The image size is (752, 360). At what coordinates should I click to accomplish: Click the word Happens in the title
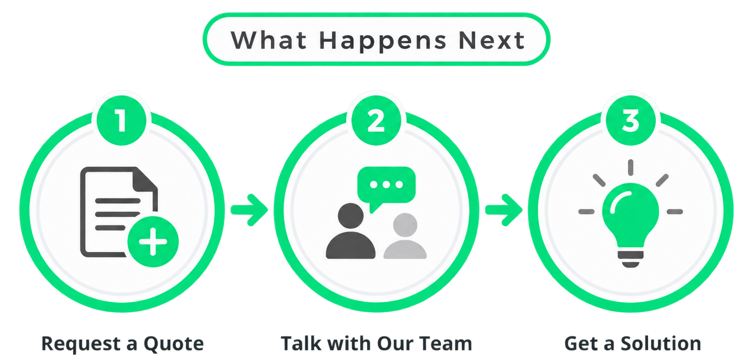pyautogui.click(x=383, y=42)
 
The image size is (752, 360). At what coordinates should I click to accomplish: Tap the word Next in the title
pyautogui.click(x=491, y=41)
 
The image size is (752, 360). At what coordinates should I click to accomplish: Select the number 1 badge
pyautogui.click(x=122, y=120)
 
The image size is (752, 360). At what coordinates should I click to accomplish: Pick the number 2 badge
pyautogui.click(x=376, y=120)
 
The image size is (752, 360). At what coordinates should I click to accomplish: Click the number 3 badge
pyautogui.click(x=630, y=120)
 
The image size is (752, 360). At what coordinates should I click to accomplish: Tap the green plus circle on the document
pyautogui.click(x=153, y=242)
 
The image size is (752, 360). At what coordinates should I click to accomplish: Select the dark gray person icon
pyautogui.click(x=351, y=231)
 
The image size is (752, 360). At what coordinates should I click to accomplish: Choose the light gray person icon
pyautogui.click(x=405, y=236)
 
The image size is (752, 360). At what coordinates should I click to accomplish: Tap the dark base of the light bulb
pyautogui.click(x=630, y=259)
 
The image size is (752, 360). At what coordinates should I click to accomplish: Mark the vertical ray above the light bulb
pyautogui.click(x=630, y=167)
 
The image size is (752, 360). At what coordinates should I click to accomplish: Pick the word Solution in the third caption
pyautogui.click(x=661, y=343)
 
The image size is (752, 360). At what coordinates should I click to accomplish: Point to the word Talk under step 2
pyautogui.click(x=301, y=343)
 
